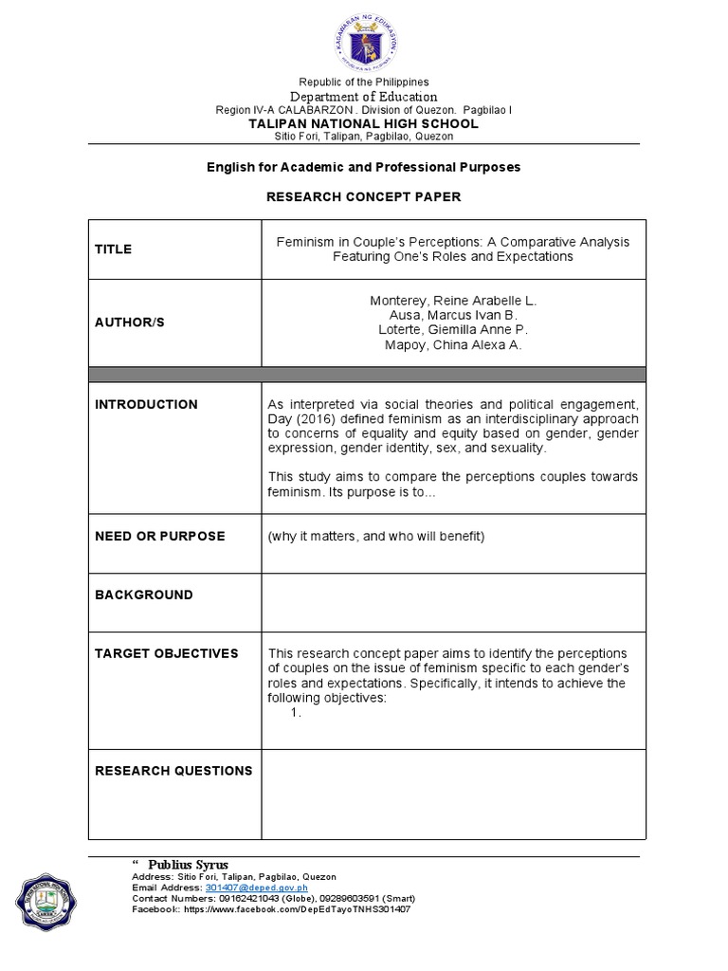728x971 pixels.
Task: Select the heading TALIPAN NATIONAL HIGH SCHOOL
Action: (x=364, y=123)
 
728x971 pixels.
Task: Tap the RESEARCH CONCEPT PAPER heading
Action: (x=364, y=196)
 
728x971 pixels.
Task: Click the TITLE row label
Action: (x=113, y=249)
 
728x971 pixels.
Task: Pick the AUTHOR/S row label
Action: (x=130, y=322)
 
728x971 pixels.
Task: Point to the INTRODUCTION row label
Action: (x=146, y=404)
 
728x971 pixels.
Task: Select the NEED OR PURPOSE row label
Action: (x=159, y=536)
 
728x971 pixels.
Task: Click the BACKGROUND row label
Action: (x=143, y=595)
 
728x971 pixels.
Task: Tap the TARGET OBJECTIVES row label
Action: (x=166, y=653)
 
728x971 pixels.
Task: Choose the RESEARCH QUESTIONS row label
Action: (x=173, y=771)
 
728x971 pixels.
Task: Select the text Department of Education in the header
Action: (x=364, y=97)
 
